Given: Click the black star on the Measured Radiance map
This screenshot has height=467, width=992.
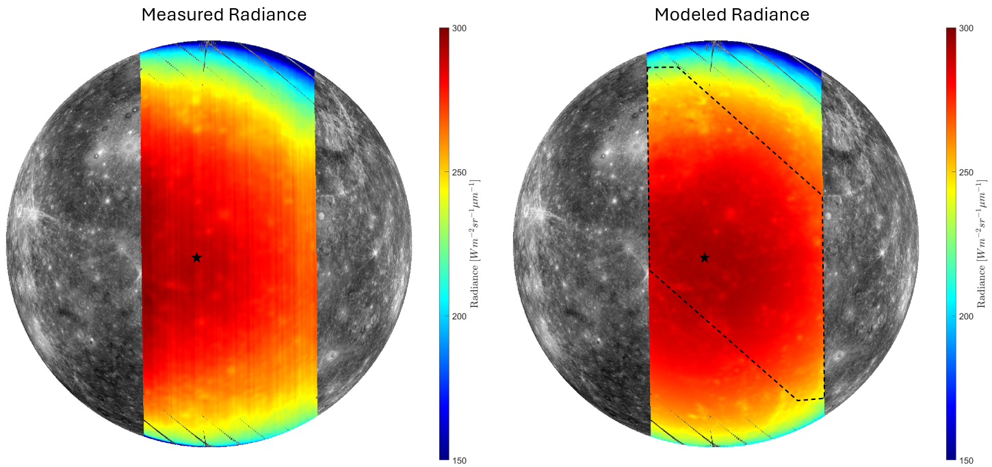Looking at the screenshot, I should click(197, 257).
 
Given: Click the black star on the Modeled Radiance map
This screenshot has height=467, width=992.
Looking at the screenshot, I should click(705, 257).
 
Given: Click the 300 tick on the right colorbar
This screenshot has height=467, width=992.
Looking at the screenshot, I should click(966, 28).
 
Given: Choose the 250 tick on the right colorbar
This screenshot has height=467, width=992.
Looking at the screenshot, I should click(966, 172).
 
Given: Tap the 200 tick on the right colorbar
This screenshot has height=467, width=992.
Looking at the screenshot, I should click(966, 316).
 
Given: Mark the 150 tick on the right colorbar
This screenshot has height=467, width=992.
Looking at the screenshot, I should click(966, 460).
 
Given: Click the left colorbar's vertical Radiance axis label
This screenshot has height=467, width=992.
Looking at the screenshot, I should click(476, 243).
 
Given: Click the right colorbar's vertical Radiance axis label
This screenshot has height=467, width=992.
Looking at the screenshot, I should click(984, 243).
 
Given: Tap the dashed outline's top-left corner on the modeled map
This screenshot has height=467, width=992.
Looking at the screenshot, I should click(648, 67).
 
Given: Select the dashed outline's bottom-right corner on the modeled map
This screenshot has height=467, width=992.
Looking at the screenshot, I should click(824, 398).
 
